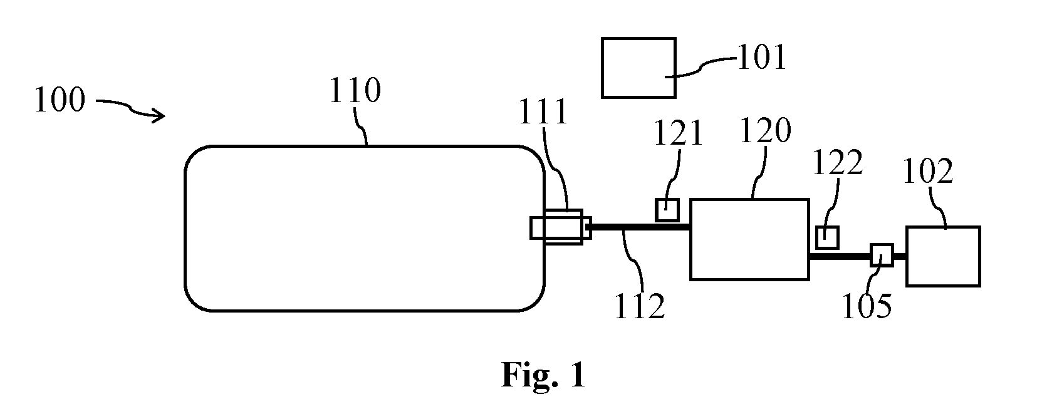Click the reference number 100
click(60, 100)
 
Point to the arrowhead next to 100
click(159, 116)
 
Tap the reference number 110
click(355, 90)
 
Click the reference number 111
click(543, 111)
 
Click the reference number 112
click(640, 306)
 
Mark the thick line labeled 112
click(641, 227)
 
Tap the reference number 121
click(678, 133)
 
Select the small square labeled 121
click(667, 209)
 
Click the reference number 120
click(766, 130)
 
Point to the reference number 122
click(838, 163)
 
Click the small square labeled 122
click(827, 237)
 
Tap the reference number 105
click(867, 306)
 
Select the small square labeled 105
click(882, 255)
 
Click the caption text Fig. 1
click(543, 375)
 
